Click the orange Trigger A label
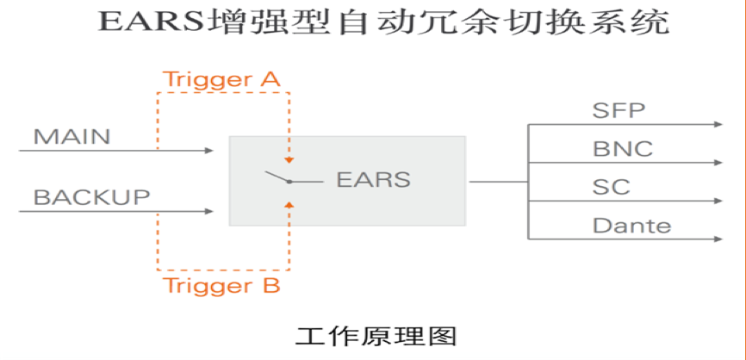click(221, 79)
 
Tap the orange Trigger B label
click(221, 285)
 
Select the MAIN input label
click(71, 136)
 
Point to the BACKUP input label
click(92, 197)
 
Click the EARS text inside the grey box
click(374, 180)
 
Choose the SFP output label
click(619, 110)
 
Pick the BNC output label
click(623, 148)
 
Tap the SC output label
click(612, 187)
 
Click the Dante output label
click(631, 225)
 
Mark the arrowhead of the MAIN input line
click(208, 151)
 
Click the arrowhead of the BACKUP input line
click(208, 211)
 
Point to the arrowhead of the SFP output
click(718, 125)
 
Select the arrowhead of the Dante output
click(718, 239)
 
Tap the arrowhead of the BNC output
click(718, 163)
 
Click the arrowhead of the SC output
click(718, 201)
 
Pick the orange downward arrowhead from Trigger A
click(289, 159)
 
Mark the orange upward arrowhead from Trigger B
click(289, 204)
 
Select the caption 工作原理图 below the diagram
click(376, 336)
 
